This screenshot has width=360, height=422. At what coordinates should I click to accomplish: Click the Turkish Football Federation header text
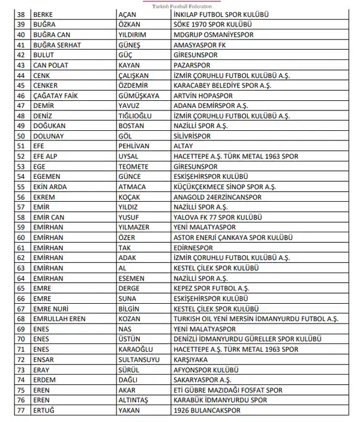point(182,6)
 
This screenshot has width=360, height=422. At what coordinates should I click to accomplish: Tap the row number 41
point(21,44)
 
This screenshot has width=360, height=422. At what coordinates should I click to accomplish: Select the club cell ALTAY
point(181,146)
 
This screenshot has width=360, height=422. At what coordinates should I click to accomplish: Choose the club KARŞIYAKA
point(189,360)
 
